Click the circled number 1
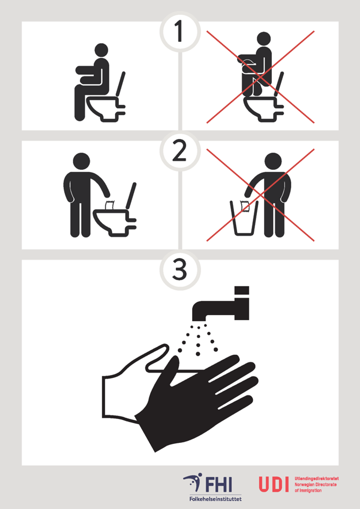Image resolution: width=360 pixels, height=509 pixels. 180,32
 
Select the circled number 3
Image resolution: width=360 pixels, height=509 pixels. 180,270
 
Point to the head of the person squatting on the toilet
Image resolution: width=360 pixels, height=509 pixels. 264,39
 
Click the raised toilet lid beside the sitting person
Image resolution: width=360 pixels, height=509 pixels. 120,84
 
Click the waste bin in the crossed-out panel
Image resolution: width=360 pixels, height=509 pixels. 244,218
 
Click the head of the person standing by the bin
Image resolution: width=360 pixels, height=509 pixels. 273,161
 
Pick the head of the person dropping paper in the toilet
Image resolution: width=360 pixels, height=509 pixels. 81,161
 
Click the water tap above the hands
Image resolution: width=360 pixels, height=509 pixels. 221,303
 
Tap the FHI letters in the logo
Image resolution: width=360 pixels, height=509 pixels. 219,484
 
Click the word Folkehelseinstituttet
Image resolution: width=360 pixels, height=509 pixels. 216,498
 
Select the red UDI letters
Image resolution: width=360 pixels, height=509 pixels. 274,484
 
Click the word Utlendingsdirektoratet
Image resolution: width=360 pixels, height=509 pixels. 316,478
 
